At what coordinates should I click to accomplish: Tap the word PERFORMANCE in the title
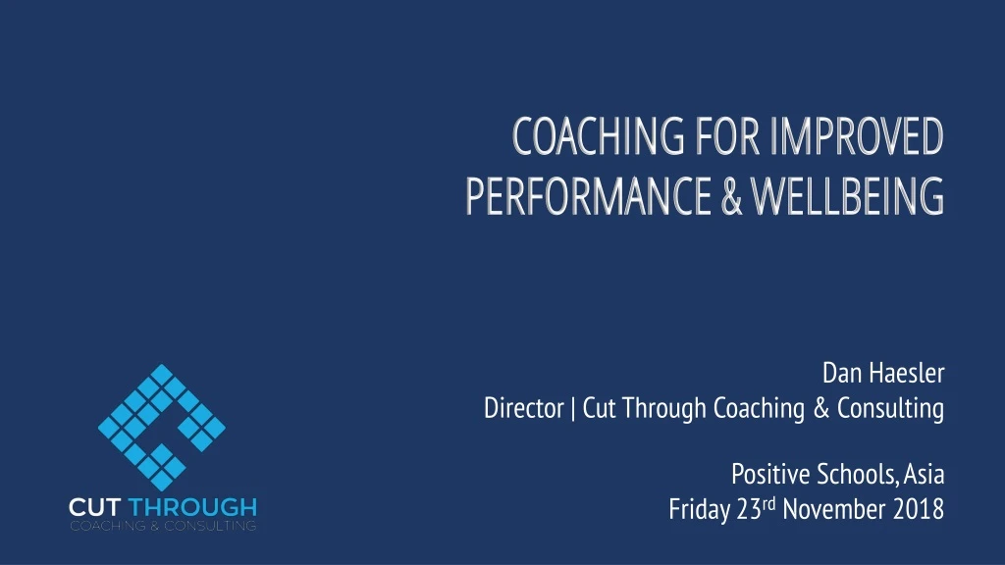pos(586,195)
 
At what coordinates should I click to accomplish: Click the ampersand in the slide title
pos(731,195)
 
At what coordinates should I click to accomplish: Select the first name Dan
pos(841,374)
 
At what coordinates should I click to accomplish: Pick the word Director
pos(524,408)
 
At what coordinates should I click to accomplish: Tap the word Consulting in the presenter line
pos(890,408)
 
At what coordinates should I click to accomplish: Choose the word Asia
pos(925,476)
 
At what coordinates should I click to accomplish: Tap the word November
pos(833,510)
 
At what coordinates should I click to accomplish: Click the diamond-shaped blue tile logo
pos(162,428)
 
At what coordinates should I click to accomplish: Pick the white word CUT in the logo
pos(95,508)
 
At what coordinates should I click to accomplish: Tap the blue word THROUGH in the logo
pos(192,508)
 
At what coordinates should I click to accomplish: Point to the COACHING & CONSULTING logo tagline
pos(162,526)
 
